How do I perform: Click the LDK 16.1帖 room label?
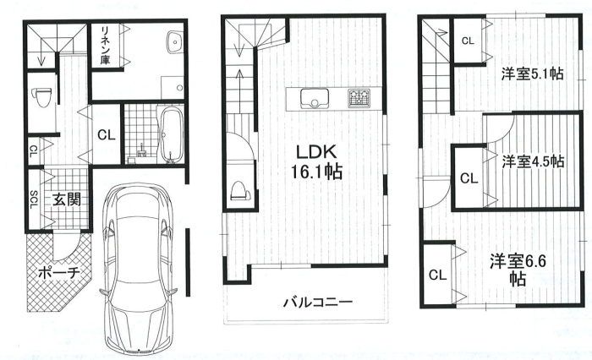pyautogui.click(x=317, y=162)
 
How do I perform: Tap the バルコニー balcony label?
pyautogui.click(x=318, y=303)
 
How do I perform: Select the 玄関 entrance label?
pyautogui.click(x=67, y=199)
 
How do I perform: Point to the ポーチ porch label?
pyautogui.click(x=58, y=272)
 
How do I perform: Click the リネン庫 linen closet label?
pyautogui.click(x=106, y=45)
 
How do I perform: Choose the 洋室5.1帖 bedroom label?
pyautogui.click(x=533, y=74)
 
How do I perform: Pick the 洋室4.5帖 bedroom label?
pyautogui.click(x=533, y=161)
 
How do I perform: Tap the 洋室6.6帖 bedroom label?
pyautogui.click(x=518, y=269)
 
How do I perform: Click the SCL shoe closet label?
pyautogui.click(x=33, y=199)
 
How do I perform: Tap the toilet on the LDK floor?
pyautogui.click(x=239, y=190)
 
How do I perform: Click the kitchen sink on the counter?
pyautogui.click(x=314, y=99)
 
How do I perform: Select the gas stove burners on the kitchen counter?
pyautogui.click(x=359, y=98)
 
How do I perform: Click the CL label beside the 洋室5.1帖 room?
pyautogui.click(x=468, y=41)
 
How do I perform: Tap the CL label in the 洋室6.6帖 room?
pyautogui.click(x=437, y=275)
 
